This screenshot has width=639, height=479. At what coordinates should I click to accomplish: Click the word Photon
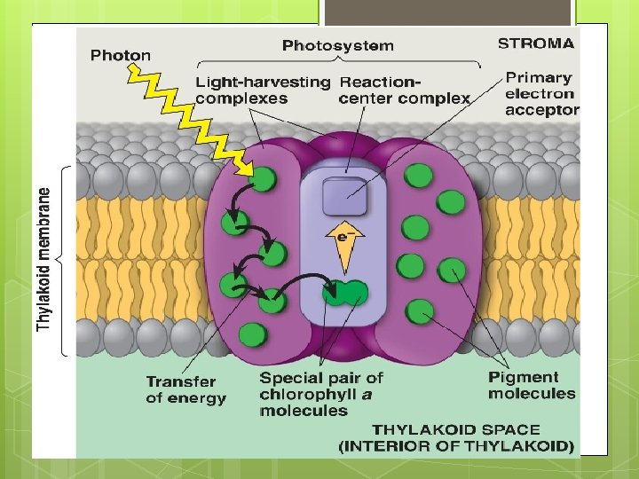(x=121, y=55)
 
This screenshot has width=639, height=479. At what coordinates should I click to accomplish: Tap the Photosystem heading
(x=337, y=45)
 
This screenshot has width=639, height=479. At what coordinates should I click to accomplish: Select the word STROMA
(x=536, y=42)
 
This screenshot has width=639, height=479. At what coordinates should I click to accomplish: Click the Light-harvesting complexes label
(x=262, y=90)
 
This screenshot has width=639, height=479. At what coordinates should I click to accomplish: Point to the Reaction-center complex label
(x=404, y=90)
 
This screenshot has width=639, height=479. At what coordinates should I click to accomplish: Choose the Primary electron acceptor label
(x=540, y=93)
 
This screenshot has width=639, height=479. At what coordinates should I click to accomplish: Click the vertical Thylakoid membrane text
(x=44, y=258)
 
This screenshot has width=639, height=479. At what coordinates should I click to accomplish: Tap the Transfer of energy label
(x=185, y=390)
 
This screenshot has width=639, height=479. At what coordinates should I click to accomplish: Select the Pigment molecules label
(x=531, y=385)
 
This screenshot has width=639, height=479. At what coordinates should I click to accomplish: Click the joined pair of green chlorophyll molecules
(x=345, y=292)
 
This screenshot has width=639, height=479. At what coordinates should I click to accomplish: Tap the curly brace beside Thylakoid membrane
(x=61, y=259)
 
